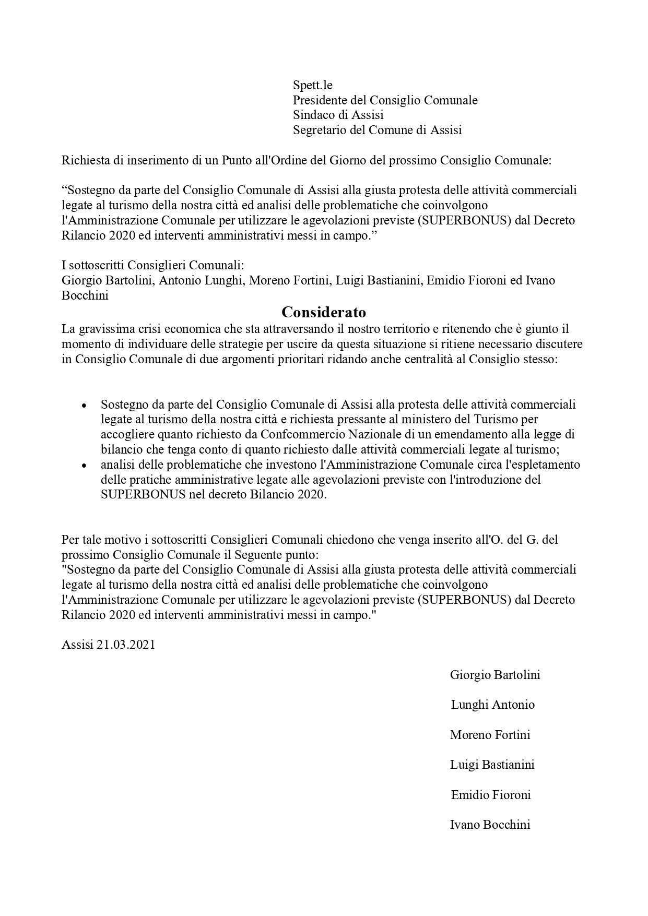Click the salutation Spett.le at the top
coord(312,85)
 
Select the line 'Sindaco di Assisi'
coord(338,115)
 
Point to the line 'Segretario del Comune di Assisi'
coord(377,130)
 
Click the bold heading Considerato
coord(324,312)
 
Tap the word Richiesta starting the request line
coord(85,160)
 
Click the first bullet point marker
coord(84,406)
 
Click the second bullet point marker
coord(84,466)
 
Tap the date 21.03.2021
coord(126,645)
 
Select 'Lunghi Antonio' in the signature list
coord(492,705)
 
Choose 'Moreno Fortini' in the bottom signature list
coord(490,735)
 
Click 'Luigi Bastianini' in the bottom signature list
coord(492,765)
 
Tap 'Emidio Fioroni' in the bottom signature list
coord(490,795)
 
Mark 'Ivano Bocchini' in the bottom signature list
coord(490,825)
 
